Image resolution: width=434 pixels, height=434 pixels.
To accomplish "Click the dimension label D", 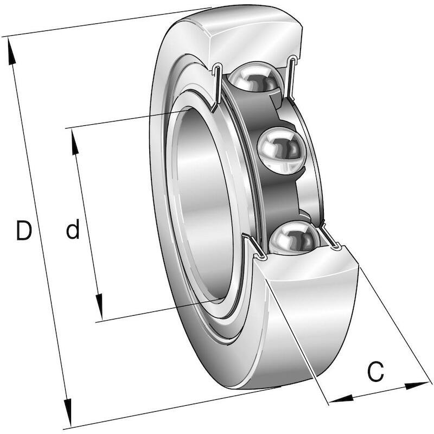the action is point(24,230).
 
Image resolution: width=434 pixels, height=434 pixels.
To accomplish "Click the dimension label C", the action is point(375,371).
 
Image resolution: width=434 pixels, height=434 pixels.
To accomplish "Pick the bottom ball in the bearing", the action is point(294,238).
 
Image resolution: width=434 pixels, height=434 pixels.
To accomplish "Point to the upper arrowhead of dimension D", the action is point(11,52).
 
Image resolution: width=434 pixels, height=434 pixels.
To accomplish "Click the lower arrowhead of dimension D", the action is point(68,412).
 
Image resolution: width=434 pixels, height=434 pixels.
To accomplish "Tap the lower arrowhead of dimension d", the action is point(99,307).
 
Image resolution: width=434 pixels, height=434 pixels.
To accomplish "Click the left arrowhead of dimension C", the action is point(341,399).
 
